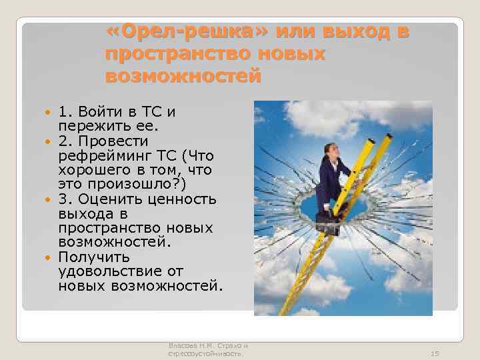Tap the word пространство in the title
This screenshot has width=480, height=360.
(164, 54)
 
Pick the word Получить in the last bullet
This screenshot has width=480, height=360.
(85, 257)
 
